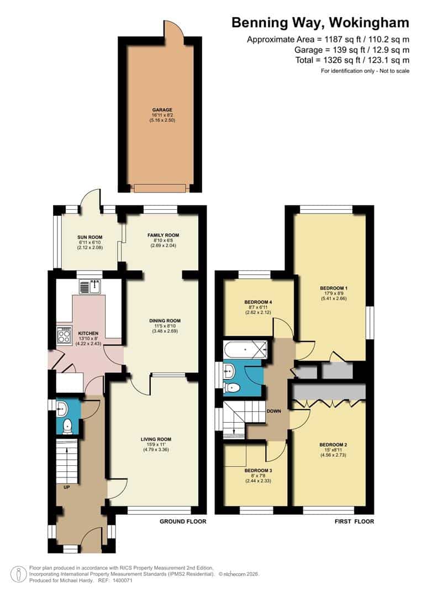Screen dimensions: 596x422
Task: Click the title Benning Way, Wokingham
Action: (x=320, y=23)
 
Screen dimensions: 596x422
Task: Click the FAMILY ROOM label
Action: (x=160, y=235)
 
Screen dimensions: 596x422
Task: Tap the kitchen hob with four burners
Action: (x=64, y=336)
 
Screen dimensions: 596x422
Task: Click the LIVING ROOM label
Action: (x=155, y=439)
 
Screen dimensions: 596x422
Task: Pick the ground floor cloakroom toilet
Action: (x=67, y=425)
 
